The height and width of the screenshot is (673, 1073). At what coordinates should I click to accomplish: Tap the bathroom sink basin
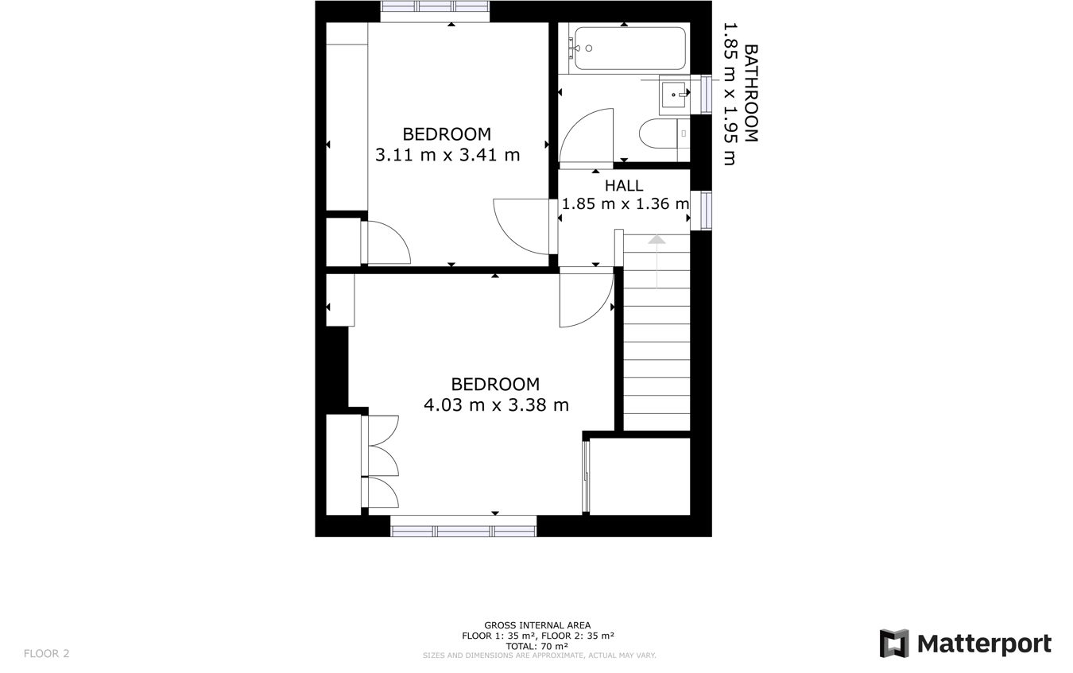674,95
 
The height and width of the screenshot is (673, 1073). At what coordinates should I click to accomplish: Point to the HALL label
624,186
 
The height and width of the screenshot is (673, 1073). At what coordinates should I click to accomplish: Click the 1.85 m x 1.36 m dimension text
625,204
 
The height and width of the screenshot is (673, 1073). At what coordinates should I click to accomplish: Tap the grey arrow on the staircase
657,241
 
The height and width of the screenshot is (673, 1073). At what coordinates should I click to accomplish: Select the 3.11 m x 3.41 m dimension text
447,155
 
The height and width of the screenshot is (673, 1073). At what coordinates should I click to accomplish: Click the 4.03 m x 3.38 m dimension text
496,405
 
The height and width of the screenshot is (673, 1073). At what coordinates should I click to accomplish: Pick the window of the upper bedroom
435,7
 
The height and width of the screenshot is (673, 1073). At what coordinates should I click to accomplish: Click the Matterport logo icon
893,643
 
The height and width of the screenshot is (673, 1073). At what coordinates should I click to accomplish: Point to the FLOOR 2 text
47,654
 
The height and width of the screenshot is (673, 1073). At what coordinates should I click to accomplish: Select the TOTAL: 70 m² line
537,646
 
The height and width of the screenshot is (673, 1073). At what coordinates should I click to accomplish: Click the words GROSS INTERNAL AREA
537,625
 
